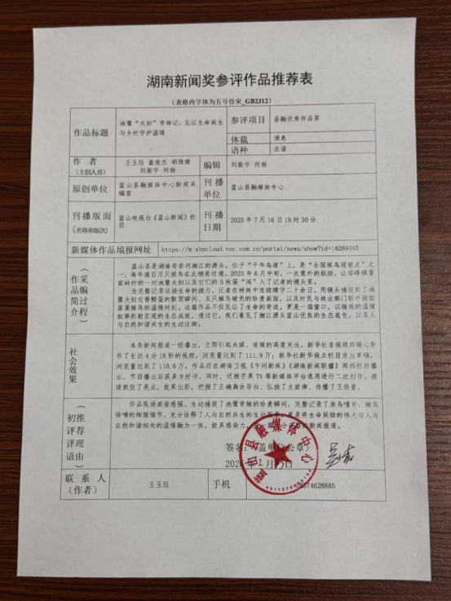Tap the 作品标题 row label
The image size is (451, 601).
[x=91, y=130]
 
